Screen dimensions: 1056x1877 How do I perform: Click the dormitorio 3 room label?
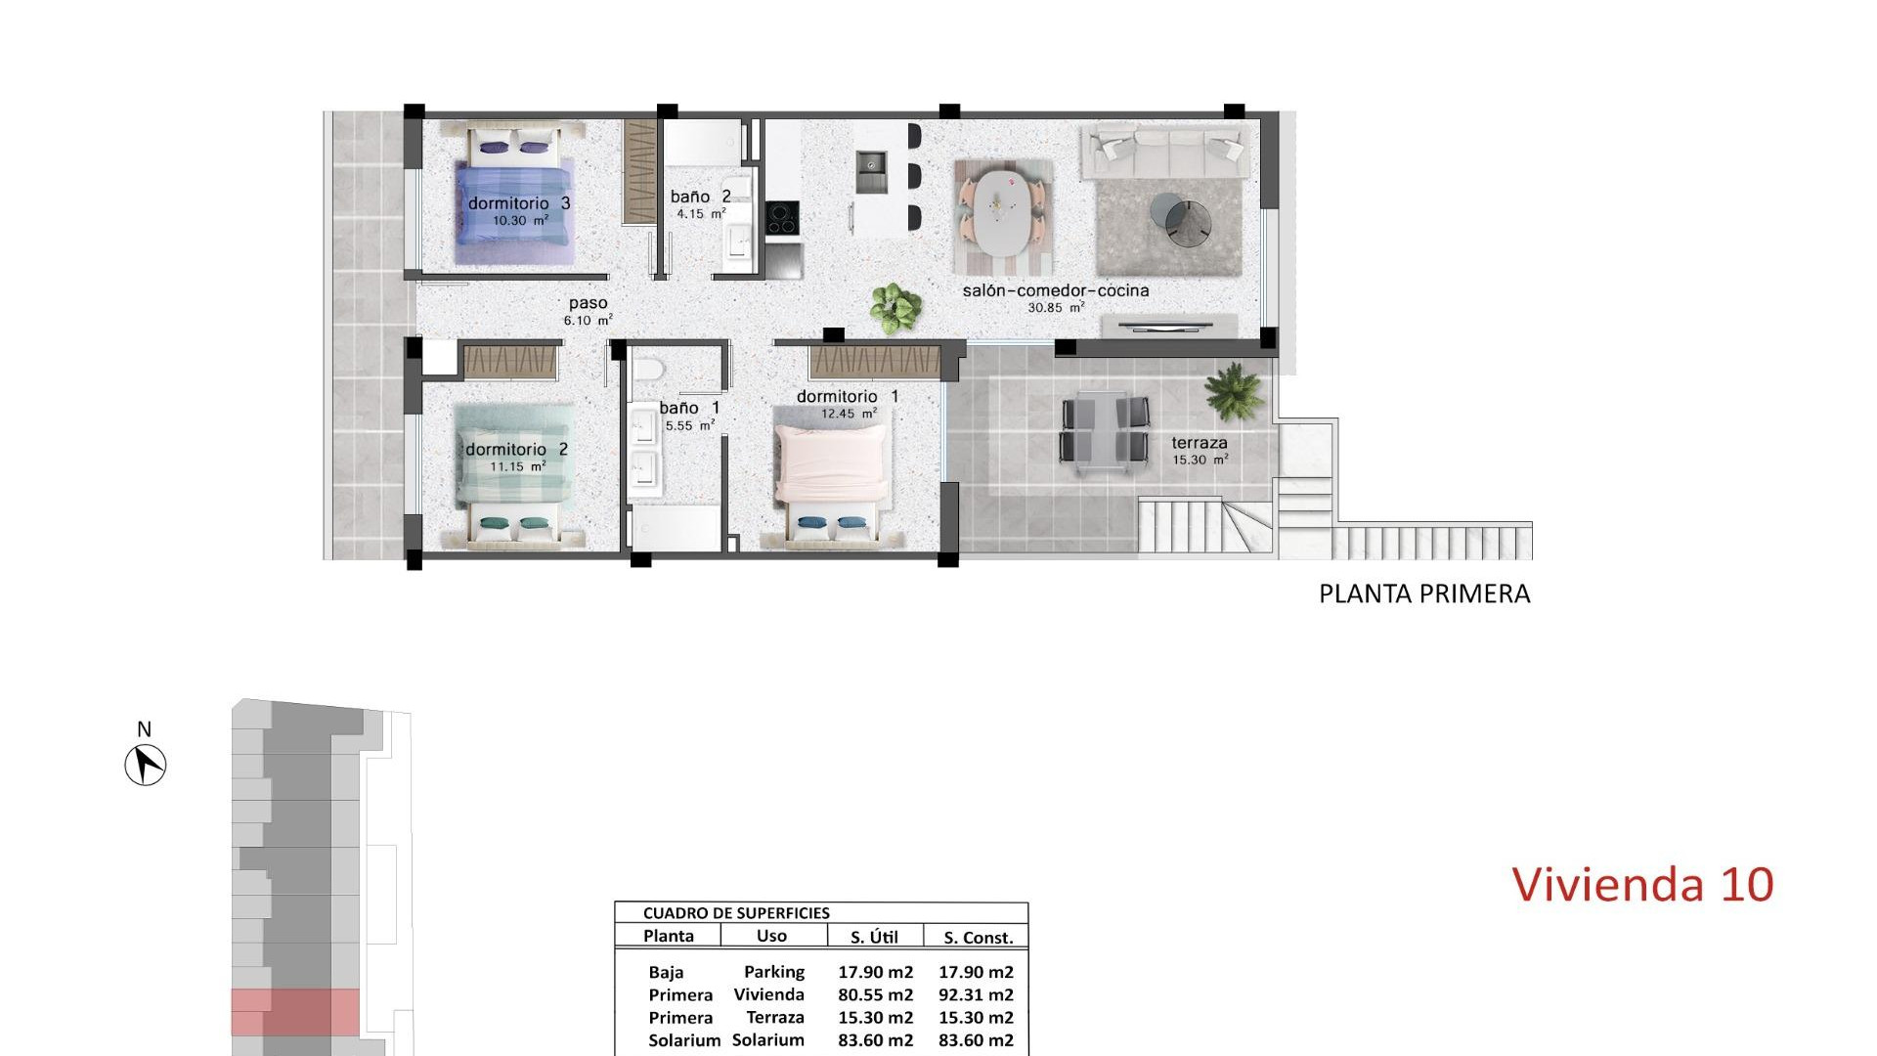pyautogui.click(x=518, y=203)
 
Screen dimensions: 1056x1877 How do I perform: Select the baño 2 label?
pyautogui.click(x=700, y=197)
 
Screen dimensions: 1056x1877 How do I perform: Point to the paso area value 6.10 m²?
pyautogui.click(x=588, y=320)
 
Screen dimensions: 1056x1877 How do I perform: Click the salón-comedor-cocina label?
pyautogui.click(x=1055, y=290)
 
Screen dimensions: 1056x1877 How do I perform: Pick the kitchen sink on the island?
pyautogui.click(x=870, y=171)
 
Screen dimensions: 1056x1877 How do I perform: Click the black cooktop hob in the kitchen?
pyautogui.click(x=781, y=217)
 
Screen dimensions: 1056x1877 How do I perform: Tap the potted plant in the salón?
pyautogui.click(x=895, y=307)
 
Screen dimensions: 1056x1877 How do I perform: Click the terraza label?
pyautogui.click(x=1200, y=443)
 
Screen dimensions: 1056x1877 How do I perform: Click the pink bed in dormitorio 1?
pyautogui.click(x=830, y=469)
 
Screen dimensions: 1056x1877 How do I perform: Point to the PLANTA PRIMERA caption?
pyautogui.click(x=1424, y=594)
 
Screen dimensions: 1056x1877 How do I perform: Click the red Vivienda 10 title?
pyautogui.click(x=1642, y=884)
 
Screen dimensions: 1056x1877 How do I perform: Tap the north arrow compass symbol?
pyautogui.click(x=146, y=764)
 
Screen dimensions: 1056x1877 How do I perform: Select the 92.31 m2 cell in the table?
pyautogui.click(x=976, y=994)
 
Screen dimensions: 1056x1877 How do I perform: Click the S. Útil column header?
pyautogui.click(x=874, y=937)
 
